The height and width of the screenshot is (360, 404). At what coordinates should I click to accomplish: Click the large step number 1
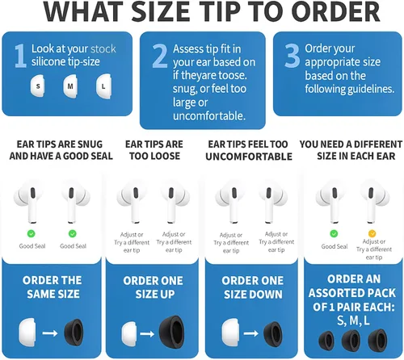(x=20, y=56)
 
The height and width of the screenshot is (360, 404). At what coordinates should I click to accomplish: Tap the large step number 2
(x=160, y=56)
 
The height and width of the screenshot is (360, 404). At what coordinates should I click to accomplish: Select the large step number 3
(x=292, y=56)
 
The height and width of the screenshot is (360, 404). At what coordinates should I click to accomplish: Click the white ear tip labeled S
(x=38, y=86)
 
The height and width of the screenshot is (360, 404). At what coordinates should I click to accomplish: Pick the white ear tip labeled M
(x=70, y=86)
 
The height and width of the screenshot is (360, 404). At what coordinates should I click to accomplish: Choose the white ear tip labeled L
(x=103, y=86)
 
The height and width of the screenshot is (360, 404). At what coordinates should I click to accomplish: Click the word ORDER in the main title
(x=336, y=12)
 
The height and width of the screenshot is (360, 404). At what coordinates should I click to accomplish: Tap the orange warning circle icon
(x=372, y=233)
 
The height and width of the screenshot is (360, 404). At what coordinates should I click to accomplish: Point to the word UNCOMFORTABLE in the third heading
(x=249, y=157)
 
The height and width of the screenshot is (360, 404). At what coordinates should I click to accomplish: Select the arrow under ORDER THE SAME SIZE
(x=50, y=333)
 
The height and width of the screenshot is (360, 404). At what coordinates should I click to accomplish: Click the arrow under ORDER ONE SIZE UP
(x=147, y=334)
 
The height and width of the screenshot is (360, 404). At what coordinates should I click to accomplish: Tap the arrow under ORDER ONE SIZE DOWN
(x=251, y=333)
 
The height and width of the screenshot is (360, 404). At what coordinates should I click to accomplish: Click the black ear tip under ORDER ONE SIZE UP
(x=172, y=332)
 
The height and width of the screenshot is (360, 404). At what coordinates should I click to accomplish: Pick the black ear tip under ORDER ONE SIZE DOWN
(x=273, y=333)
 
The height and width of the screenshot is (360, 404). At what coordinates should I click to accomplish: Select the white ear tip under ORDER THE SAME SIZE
(x=27, y=333)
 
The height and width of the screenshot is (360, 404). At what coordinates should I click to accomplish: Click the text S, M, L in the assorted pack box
(x=353, y=320)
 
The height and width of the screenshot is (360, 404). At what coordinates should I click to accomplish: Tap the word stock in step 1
(x=103, y=49)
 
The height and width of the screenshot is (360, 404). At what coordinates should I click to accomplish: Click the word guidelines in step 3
(x=371, y=89)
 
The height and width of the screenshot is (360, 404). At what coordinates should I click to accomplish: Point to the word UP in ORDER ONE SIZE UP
(x=168, y=295)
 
